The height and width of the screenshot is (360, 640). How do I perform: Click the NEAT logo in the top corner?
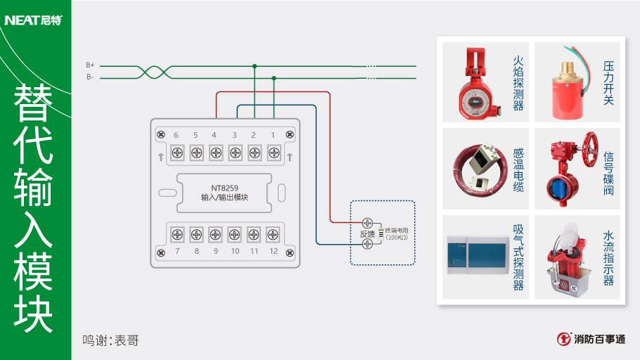click(x=33, y=20)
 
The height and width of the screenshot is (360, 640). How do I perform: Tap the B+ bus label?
click(x=90, y=65)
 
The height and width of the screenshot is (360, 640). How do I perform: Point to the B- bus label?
click(x=90, y=77)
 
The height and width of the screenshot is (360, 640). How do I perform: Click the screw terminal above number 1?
click(x=273, y=151)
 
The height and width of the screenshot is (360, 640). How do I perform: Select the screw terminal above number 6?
click(x=176, y=151)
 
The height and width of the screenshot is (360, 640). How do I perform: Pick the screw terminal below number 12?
click(x=273, y=234)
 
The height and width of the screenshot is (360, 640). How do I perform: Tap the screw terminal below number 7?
click(x=177, y=234)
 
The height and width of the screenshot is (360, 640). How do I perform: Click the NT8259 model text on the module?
click(x=224, y=188)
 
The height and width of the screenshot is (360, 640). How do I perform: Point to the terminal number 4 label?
click(x=214, y=134)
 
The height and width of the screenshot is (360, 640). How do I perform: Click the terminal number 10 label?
click(x=235, y=251)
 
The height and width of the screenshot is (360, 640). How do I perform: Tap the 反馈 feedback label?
click(x=367, y=233)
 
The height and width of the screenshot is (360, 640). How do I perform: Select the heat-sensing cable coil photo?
click(x=479, y=168)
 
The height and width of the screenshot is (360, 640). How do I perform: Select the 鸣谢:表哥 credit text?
click(x=110, y=341)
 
